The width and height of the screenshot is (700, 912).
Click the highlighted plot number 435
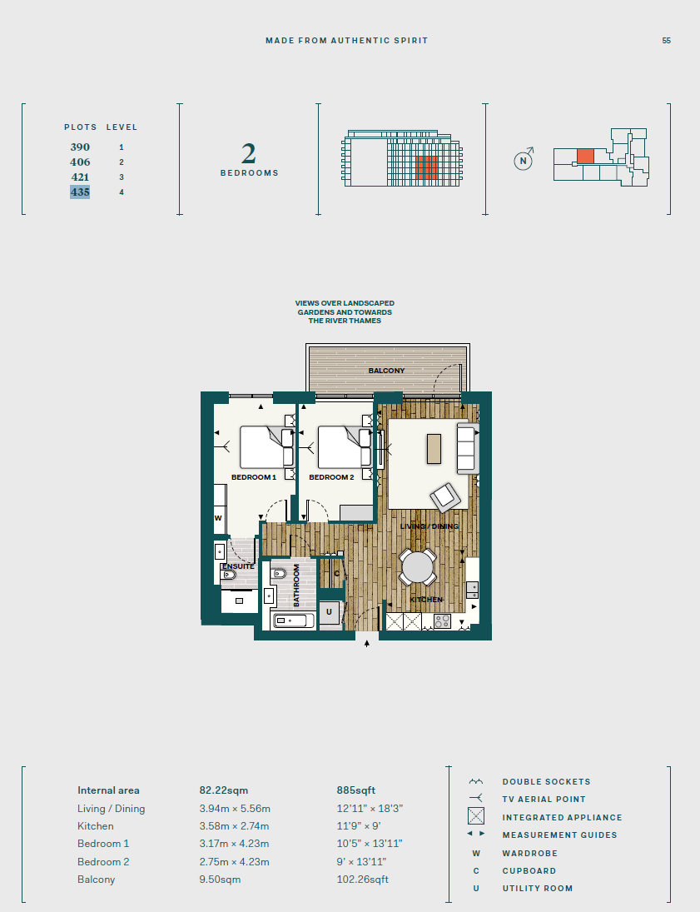pos(80,192)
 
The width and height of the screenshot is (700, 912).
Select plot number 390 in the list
pos(80,147)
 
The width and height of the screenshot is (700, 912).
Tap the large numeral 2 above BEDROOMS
pos(249,154)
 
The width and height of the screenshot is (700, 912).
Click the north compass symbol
pos(524,159)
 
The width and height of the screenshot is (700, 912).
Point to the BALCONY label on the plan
pos(387,371)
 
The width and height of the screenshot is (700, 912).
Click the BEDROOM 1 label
pos(254,477)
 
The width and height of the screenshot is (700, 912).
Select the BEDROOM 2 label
pos(331,477)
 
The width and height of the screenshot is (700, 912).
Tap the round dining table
pos(418,567)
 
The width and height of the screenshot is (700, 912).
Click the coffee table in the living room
pos(434,448)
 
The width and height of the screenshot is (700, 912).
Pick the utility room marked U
pos(329,612)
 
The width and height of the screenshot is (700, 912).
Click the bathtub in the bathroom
pos(294,620)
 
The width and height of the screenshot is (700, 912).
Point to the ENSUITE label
pos(238,566)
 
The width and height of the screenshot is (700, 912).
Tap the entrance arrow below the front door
pos(367,643)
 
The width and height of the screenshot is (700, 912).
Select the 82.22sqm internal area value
pos(224,790)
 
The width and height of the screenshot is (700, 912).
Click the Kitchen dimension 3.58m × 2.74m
pos(234,826)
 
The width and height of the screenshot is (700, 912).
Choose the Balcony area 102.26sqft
pos(362,880)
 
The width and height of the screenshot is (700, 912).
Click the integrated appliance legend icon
pos(476,816)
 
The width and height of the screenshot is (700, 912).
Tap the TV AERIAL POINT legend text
pos(544,800)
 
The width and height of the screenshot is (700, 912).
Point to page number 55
pos(666,41)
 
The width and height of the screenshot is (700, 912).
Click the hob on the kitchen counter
pos(443,621)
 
